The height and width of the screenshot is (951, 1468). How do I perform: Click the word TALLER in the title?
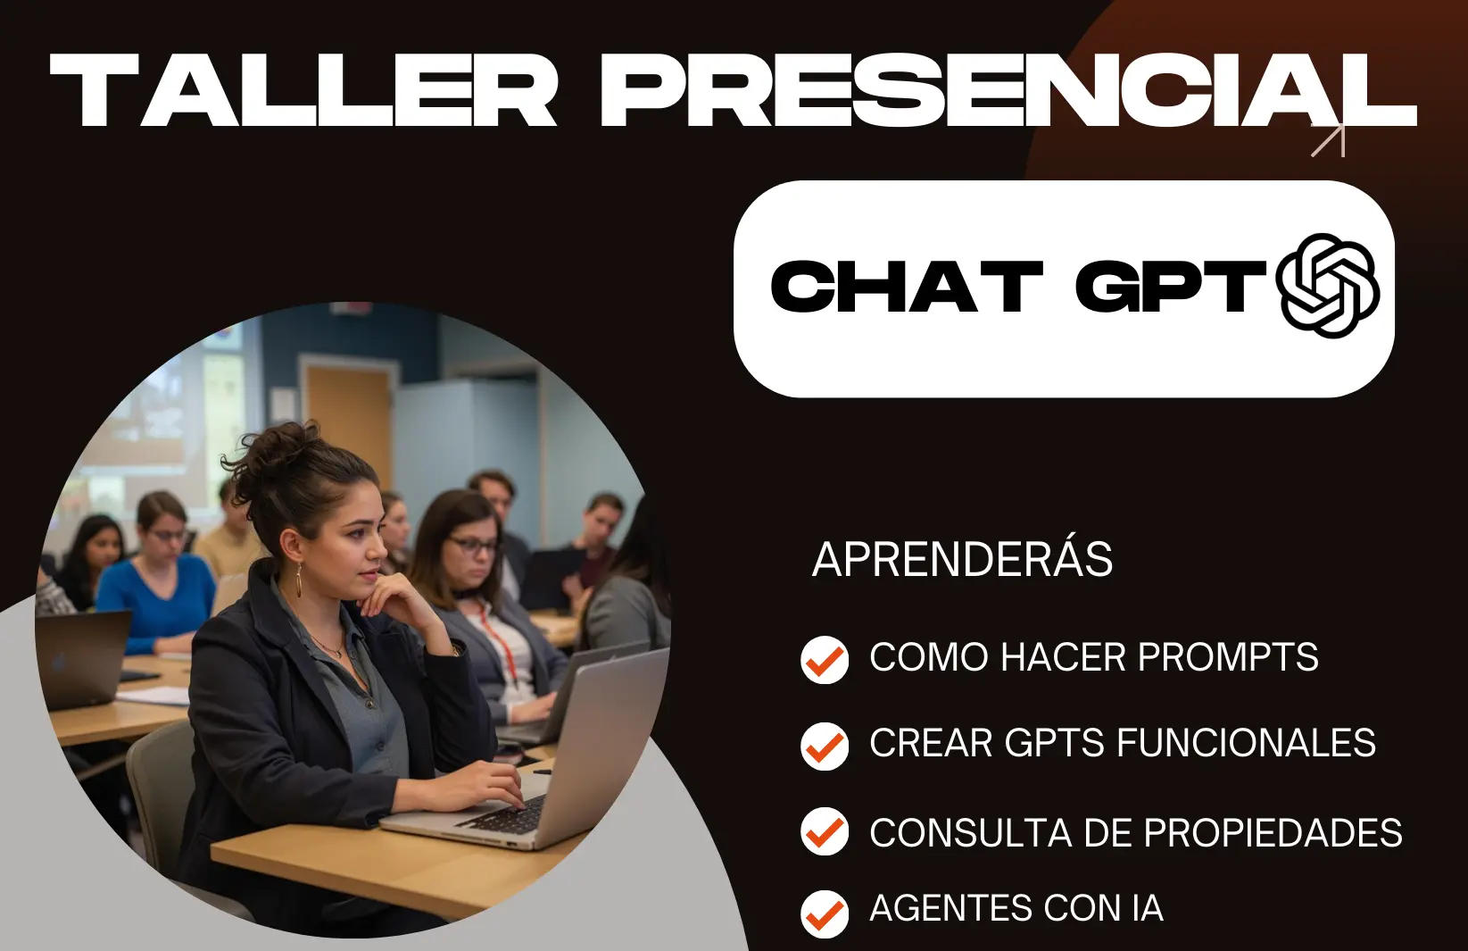303,90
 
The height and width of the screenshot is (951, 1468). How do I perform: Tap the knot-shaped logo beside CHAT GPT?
1328,286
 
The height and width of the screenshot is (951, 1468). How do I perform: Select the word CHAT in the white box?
907,286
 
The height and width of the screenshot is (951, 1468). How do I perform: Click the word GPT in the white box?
1171,286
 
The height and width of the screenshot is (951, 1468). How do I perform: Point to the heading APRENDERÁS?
962,559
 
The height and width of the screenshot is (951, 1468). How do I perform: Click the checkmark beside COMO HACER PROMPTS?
825,660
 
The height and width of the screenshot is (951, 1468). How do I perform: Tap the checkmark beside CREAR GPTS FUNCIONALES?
825,747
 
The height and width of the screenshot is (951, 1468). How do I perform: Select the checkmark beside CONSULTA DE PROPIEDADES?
825,831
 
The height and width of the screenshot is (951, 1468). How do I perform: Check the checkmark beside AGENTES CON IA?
825,913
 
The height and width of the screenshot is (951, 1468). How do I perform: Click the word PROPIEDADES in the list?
1273,833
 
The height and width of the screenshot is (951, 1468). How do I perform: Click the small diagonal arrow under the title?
1329,139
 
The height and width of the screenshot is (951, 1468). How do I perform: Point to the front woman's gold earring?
299,580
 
